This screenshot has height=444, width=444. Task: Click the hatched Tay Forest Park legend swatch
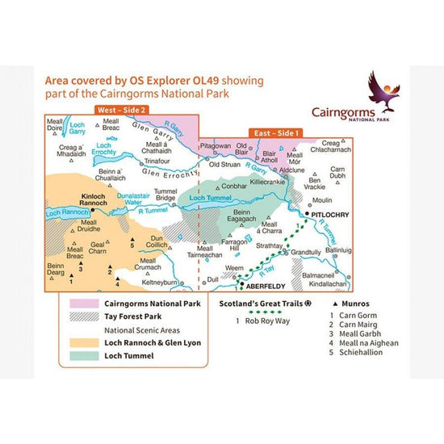tap(82, 317)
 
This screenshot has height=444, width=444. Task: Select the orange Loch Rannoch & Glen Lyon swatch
tap(82, 342)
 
